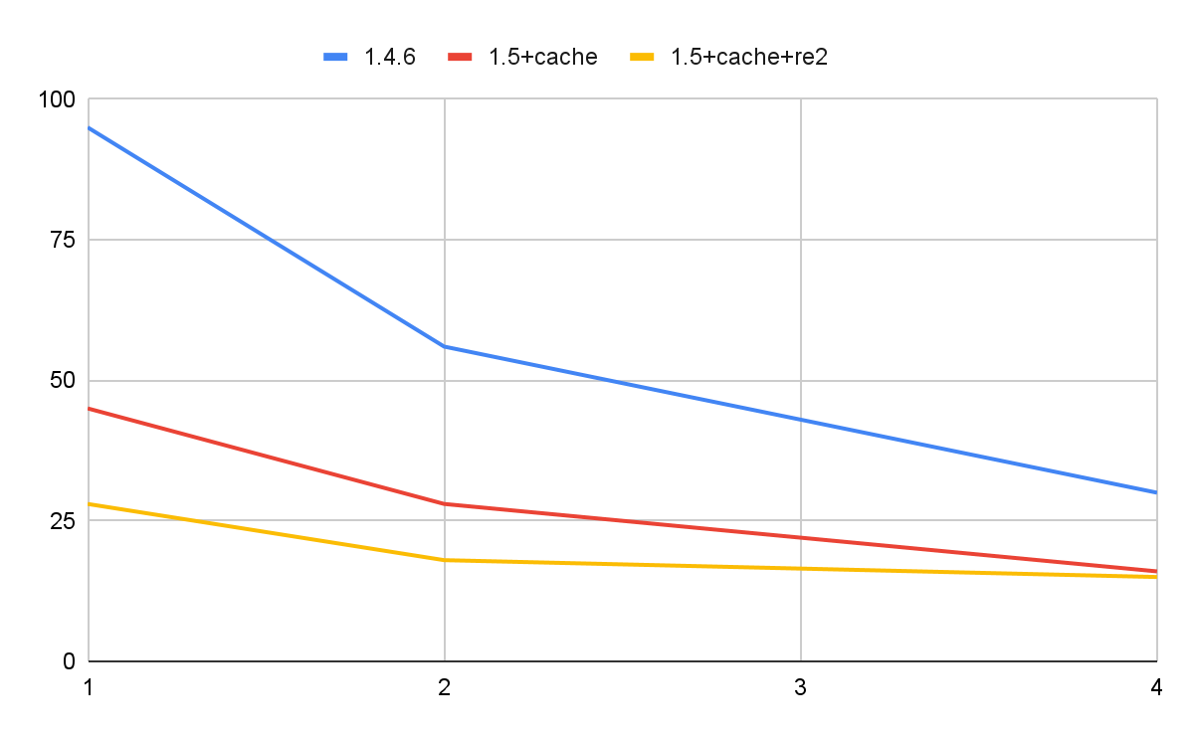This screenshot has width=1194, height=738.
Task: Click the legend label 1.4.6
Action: [389, 57]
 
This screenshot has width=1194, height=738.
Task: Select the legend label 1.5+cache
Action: [542, 57]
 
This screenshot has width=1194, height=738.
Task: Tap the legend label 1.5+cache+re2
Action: [749, 57]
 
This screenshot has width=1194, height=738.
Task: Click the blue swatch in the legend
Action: [338, 57]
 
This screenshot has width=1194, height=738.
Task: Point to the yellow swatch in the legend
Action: [646, 57]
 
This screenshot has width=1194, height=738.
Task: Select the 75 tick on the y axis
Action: [63, 240]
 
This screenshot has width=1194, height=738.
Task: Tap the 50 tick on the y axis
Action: [63, 380]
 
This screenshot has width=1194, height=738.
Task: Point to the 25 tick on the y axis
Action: [63, 520]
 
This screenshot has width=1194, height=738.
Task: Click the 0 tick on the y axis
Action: [69, 660]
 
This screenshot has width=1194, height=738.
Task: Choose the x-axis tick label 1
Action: [89, 685]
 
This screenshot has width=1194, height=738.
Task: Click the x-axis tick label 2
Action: [444, 685]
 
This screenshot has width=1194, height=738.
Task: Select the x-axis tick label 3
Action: [800, 685]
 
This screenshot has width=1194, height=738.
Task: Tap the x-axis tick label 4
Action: [1156, 685]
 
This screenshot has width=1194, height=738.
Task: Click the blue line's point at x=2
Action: [444, 346]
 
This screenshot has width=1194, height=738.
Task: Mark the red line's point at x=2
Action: [444, 503]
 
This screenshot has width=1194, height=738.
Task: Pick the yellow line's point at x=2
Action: [444, 560]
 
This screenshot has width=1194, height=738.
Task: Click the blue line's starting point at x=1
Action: [90, 127]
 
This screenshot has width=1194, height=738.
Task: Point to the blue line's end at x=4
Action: [1156, 492]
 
